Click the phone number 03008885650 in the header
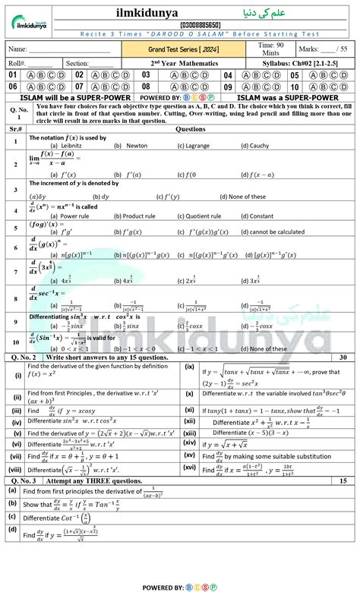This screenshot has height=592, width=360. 180,25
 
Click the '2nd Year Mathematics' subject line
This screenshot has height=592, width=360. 181,63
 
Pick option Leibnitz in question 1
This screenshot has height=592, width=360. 68,145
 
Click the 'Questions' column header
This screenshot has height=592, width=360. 190,130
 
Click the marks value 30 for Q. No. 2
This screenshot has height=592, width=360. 343,356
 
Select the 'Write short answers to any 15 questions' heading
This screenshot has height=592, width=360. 107,356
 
